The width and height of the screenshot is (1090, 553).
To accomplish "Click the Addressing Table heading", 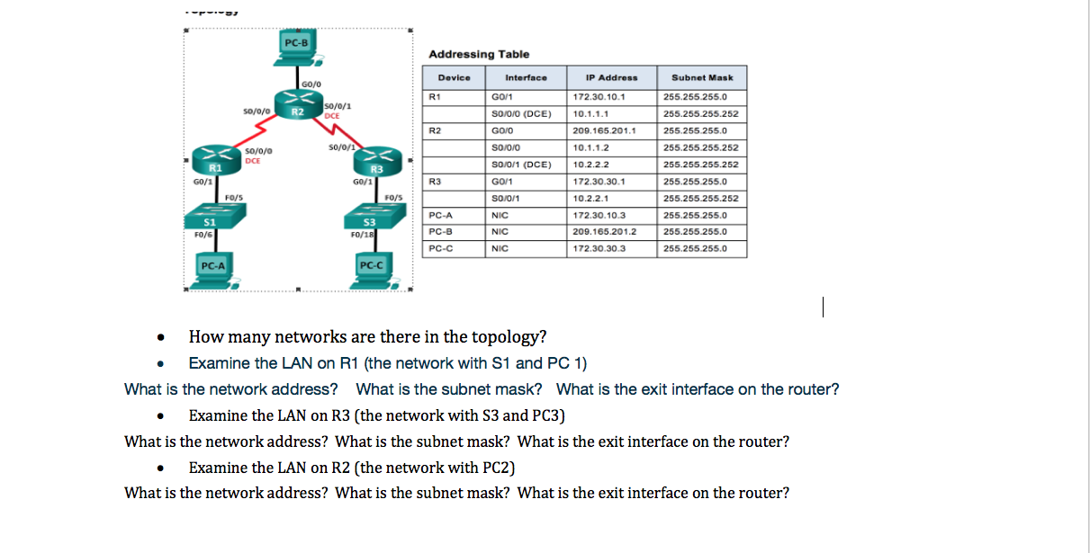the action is coord(479,54).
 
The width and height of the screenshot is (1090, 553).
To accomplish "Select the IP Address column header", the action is coord(611,77).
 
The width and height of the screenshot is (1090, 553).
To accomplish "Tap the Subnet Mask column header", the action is coord(702,77).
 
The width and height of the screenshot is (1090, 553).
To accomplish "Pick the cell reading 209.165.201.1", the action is coord(604,130).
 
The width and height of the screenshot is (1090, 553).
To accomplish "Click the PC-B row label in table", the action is coord(443,232).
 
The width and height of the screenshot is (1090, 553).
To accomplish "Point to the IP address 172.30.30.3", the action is coord(599,249).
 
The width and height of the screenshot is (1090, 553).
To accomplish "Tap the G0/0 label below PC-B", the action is coord(311,83).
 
